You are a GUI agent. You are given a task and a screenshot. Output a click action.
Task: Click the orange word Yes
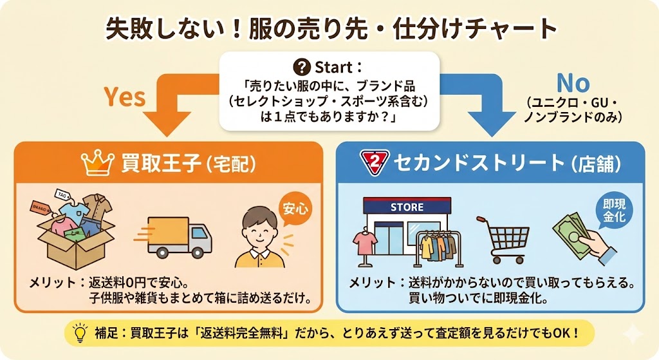point(125,97)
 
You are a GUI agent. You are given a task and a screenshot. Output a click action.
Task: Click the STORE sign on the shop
point(407,207)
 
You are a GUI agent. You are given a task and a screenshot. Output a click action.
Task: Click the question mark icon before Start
point(301,67)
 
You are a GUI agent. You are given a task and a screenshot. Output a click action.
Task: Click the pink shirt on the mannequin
point(366,242)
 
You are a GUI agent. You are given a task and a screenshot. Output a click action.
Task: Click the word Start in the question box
point(335,67)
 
